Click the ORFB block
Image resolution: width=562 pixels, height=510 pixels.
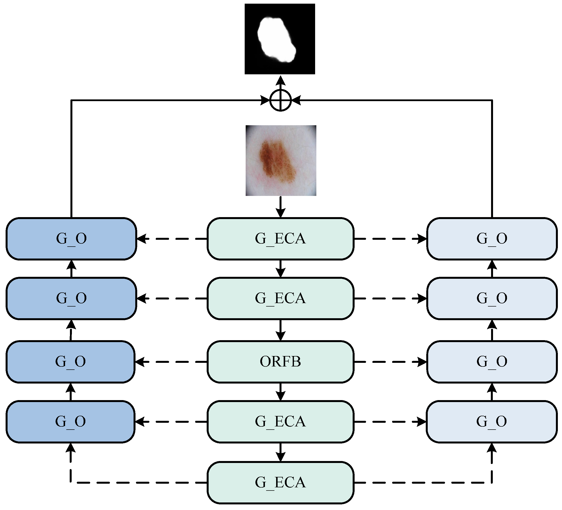click(281, 362)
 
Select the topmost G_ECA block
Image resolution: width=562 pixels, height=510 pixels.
click(281, 239)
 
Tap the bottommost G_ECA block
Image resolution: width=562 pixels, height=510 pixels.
click(281, 482)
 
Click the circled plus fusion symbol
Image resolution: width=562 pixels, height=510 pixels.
click(281, 100)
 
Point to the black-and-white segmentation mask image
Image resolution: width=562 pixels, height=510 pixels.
click(280, 39)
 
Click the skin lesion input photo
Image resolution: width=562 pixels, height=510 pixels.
click(281, 161)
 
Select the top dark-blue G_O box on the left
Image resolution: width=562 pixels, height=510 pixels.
click(71, 239)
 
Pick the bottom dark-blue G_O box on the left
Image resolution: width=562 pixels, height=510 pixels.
click(70, 422)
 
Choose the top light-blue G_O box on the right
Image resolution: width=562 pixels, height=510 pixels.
click(492, 239)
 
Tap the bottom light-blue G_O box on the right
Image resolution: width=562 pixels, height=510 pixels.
click(492, 422)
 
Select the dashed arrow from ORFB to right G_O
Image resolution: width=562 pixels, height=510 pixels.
click(390, 362)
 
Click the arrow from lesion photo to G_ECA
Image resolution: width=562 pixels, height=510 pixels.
click(281, 207)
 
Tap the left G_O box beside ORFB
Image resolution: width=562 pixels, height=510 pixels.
click(70, 362)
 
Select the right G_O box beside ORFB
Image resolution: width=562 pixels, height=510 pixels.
click(492, 362)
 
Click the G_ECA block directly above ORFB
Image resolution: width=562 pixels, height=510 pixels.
click(281, 298)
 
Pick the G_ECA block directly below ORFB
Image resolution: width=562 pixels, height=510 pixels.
click(281, 422)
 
